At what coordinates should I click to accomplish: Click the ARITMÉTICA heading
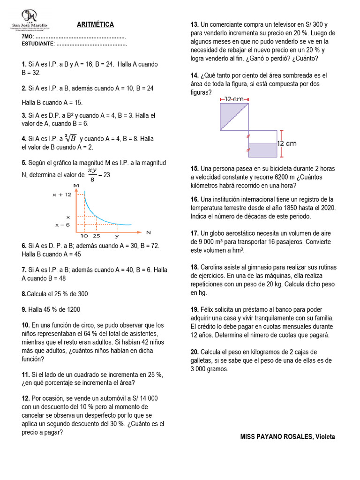95,24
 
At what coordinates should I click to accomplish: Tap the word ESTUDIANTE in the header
38,44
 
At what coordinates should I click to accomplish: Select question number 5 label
23,163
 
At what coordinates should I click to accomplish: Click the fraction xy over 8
93,174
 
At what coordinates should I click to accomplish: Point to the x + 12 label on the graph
62,194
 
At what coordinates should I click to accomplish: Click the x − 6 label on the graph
63,225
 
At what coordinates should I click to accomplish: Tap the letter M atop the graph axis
75,186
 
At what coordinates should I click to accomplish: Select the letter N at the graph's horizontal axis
149,232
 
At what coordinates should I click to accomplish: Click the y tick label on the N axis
117,237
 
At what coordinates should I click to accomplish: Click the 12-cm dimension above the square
234,99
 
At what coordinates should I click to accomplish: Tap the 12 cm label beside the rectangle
287,143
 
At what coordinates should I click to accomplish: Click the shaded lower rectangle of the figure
262,150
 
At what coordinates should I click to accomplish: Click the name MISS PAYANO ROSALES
277,436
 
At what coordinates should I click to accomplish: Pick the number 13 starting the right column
194,24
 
